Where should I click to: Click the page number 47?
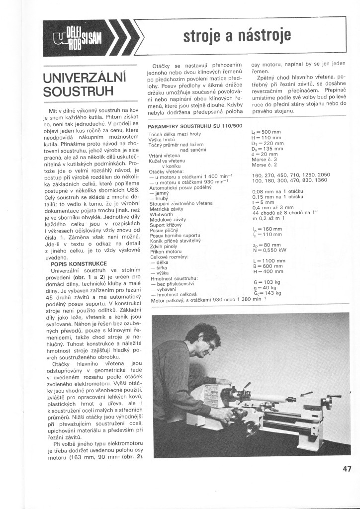point(347,468)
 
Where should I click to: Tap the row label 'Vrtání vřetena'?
point(164,156)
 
